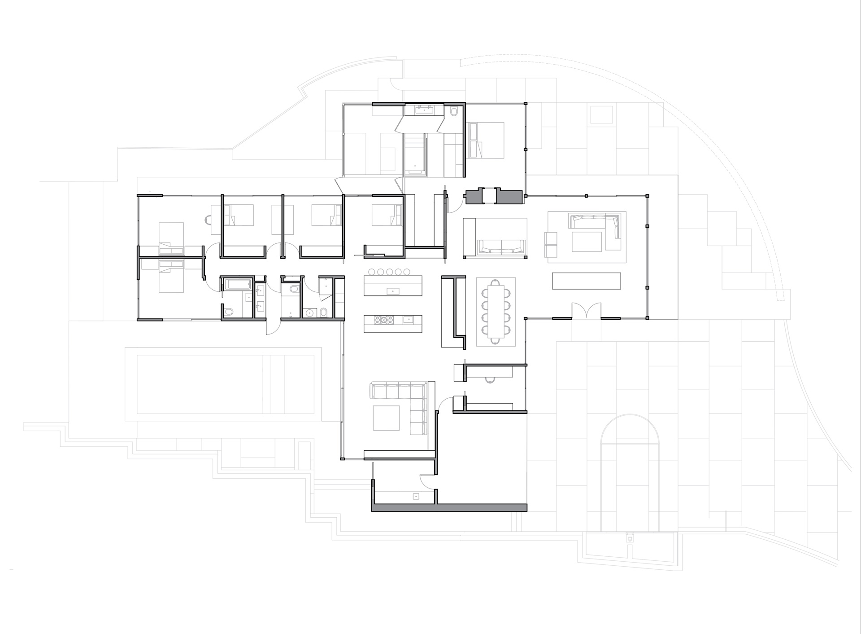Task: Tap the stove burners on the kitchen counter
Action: [x=383, y=320]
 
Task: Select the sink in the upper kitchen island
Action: [x=393, y=291]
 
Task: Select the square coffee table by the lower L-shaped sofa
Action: [x=386, y=418]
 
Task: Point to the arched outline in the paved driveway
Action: [x=630, y=431]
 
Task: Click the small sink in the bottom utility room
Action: [x=416, y=496]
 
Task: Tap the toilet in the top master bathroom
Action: [x=453, y=111]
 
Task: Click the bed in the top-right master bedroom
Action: [x=486, y=140]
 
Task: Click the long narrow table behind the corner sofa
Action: [x=586, y=281]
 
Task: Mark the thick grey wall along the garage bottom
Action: [x=449, y=507]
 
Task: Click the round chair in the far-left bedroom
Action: [x=208, y=220]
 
